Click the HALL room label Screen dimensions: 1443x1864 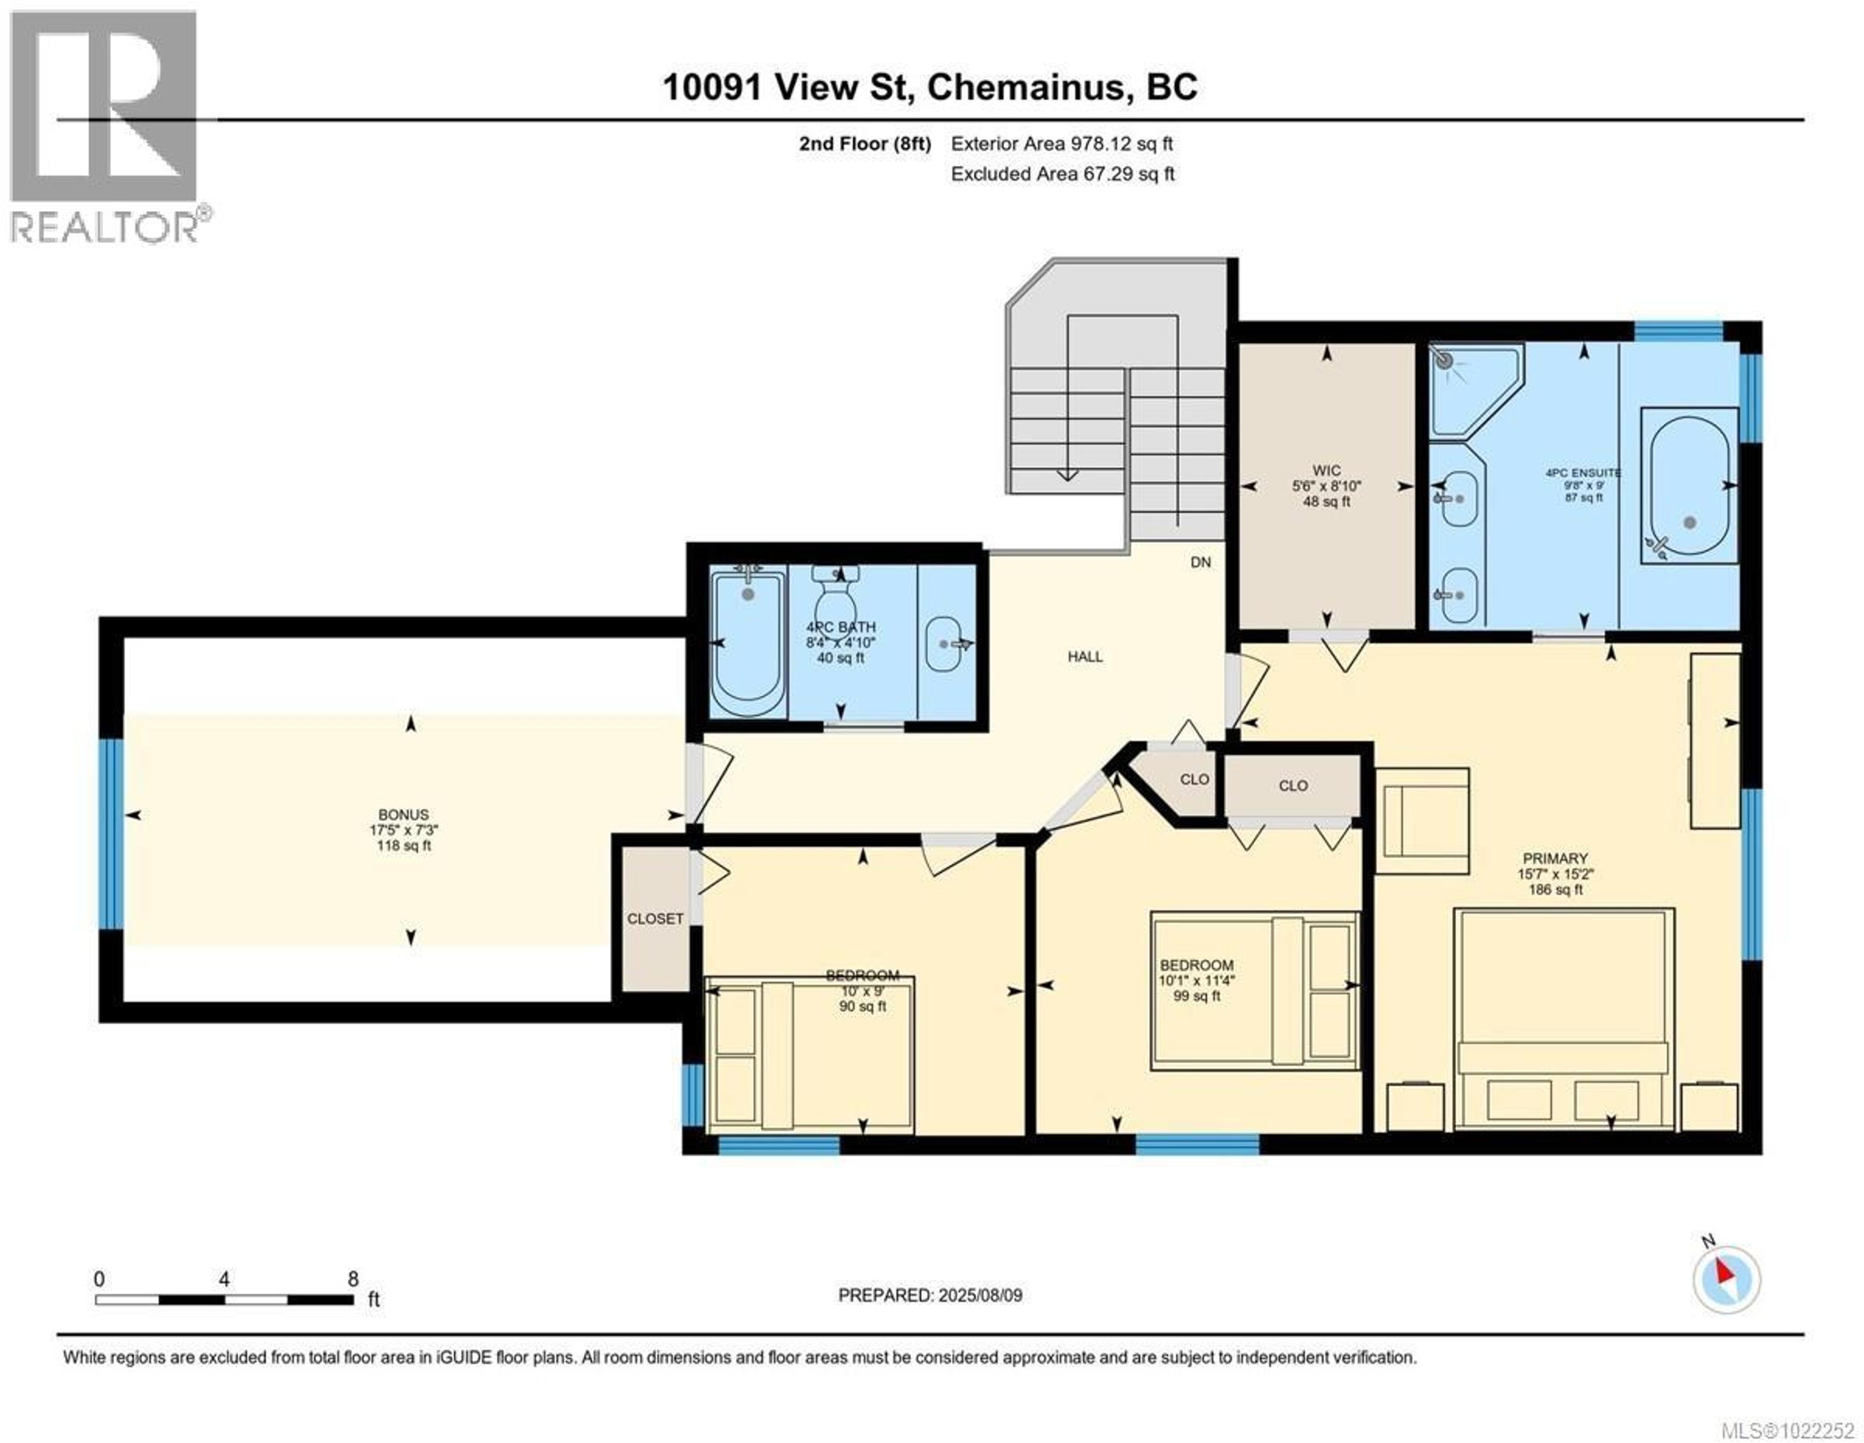pyautogui.click(x=1085, y=656)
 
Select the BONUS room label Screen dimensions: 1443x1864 pyautogui.click(x=404, y=814)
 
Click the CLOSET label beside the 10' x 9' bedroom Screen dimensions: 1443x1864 pyautogui.click(x=655, y=918)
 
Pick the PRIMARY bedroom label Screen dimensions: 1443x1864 pyautogui.click(x=1555, y=858)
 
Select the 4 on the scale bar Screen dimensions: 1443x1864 pyautogui.click(x=224, y=1278)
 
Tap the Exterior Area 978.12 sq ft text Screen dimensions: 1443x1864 pyautogui.click(x=1062, y=143)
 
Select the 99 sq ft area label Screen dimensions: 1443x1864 pyautogui.click(x=1197, y=996)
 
